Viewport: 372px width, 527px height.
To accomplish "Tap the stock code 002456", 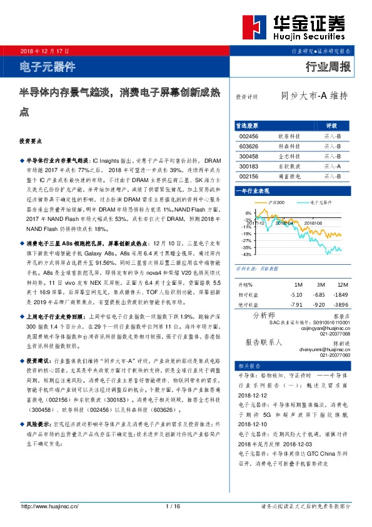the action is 249,136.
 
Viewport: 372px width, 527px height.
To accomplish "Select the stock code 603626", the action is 249,146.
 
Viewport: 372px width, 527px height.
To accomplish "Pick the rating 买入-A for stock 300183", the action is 332,166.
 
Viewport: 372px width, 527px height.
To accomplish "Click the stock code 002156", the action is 249,177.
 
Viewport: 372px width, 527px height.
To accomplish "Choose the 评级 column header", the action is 332,125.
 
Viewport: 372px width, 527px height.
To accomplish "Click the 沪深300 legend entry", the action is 276,203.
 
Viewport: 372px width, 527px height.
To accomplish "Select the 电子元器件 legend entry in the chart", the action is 320,203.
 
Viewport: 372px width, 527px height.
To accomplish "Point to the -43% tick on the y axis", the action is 247,255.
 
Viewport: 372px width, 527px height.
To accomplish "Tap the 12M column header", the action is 342,285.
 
